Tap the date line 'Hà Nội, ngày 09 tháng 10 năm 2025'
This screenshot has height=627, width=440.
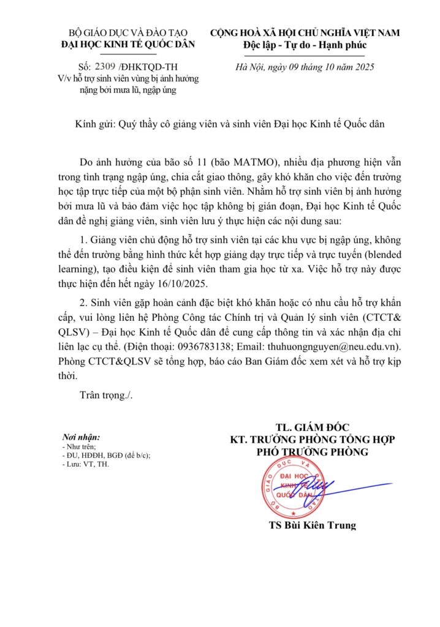coord(304,67)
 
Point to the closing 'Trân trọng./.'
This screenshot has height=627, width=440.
coord(106,394)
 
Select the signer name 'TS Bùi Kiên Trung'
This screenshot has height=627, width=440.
coord(312,525)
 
